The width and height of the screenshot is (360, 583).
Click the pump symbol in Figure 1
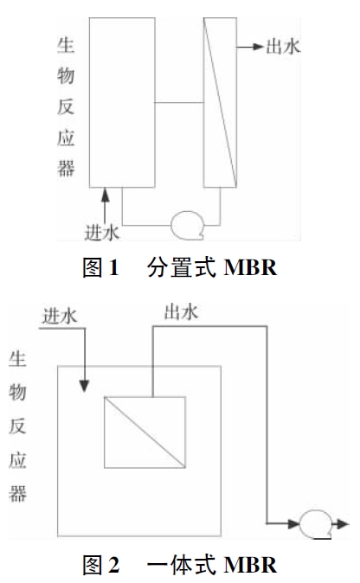pyautogui.click(x=188, y=225)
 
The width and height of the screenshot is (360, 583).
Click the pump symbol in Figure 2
pyautogui.click(x=316, y=524)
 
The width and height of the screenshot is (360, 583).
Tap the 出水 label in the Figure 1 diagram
pyautogui.click(x=283, y=47)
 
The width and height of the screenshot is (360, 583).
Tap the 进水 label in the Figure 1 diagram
pyautogui.click(x=102, y=233)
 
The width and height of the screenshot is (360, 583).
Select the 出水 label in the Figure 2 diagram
pyautogui.click(x=181, y=312)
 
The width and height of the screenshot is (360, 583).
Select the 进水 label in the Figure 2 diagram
pyautogui.click(x=60, y=317)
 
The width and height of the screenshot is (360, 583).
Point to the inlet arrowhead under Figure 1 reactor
pyautogui.click(x=106, y=195)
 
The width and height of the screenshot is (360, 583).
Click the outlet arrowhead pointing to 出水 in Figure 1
pyautogui.click(x=258, y=47)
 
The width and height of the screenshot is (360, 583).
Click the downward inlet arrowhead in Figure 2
pyautogui.click(x=85, y=386)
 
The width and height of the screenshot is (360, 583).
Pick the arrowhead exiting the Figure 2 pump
pyautogui.click(x=343, y=524)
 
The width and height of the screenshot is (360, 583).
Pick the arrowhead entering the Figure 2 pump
pyautogui.click(x=294, y=524)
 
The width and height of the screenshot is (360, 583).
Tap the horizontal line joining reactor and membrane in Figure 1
pyautogui.click(x=179, y=102)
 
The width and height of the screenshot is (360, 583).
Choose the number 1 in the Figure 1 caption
pyautogui.click(x=113, y=267)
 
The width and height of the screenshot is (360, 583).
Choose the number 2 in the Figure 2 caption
pyautogui.click(x=114, y=565)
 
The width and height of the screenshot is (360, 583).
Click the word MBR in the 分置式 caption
pyautogui.click(x=250, y=267)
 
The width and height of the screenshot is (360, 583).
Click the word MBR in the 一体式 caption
pyautogui.click(x=250, y=565)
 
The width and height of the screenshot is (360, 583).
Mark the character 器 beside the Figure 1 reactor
pyautogui.click(x=66, y=168)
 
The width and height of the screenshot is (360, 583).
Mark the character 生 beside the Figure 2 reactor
pyautogui.click(x=17, y=359)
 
